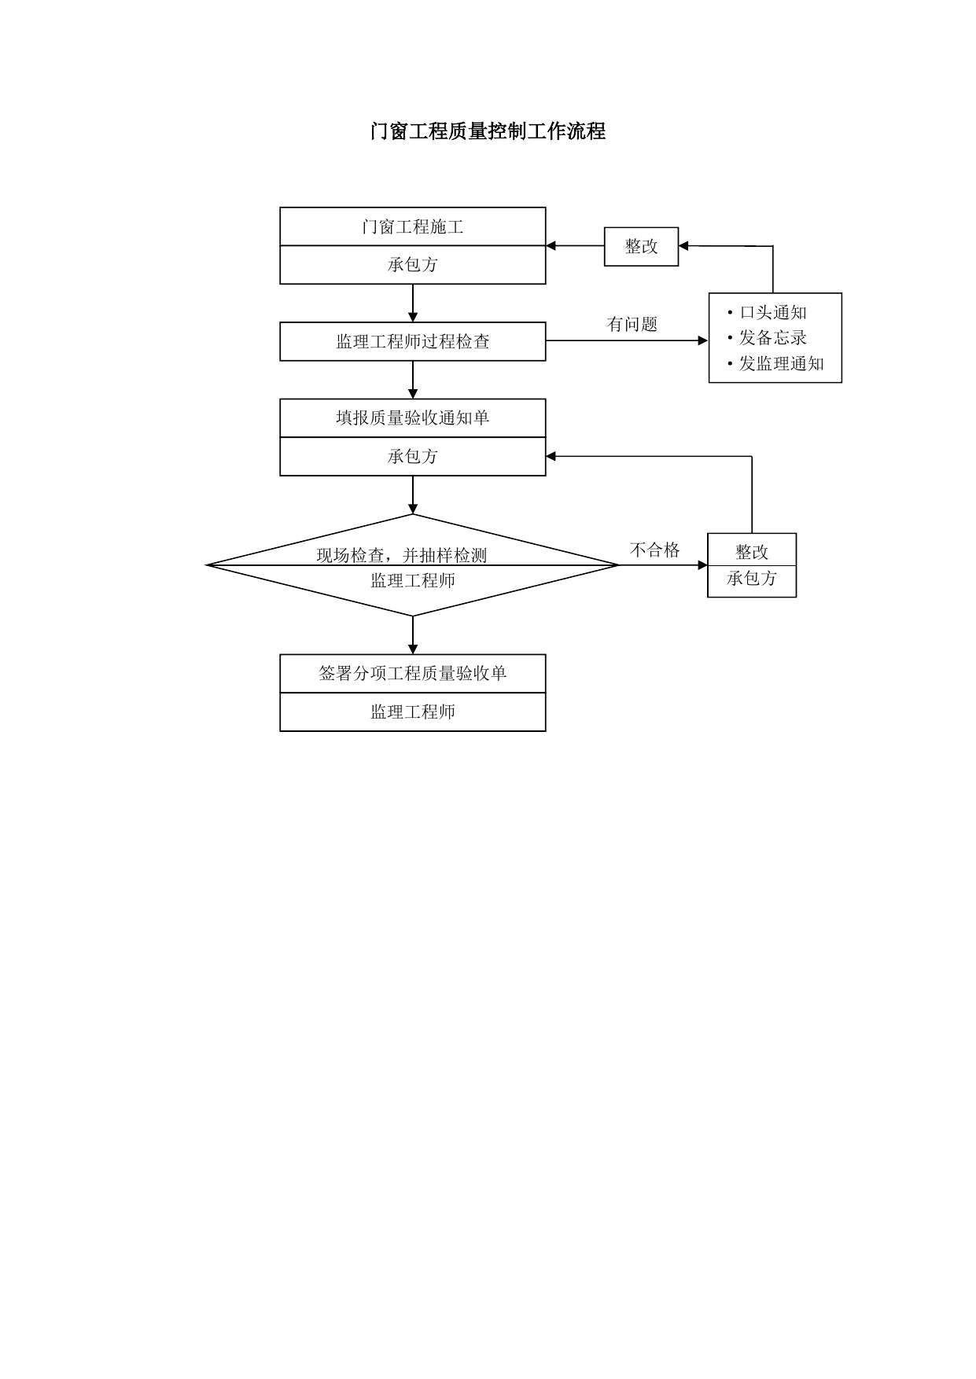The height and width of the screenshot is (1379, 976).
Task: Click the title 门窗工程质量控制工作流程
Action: pos(488,131)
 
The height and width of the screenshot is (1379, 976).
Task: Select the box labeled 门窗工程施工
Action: pos(413,226)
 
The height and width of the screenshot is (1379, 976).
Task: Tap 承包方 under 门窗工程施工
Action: pos(413,265)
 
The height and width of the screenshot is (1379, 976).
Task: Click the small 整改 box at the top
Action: pos(641,246)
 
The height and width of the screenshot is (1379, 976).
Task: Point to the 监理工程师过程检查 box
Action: pos(413,341)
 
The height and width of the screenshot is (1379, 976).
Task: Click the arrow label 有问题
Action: pos(632,324)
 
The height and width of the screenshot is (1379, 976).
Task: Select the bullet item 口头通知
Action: pos(768,313)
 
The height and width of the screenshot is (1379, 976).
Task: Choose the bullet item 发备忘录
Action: pos(768,338)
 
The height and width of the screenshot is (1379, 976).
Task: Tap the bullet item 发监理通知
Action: pos(776,363)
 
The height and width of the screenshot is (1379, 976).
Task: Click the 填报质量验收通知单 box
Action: pos(413,417)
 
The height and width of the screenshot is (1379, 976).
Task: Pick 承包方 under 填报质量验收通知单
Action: pos(413,457)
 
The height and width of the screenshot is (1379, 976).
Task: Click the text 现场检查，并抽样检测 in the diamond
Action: pos(402,555)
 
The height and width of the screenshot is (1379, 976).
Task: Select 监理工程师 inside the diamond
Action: pos(413,581)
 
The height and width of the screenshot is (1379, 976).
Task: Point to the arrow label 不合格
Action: pos(655,550)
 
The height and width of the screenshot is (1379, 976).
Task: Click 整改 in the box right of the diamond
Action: pos(752,552)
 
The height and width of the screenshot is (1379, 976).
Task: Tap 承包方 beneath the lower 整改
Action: pos(752,579)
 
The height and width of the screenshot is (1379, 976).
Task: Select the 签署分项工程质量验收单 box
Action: pos(413,674)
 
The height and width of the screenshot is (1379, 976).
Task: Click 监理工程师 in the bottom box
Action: pos(413,712)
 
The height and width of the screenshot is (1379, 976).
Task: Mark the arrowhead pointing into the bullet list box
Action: pos(703,340)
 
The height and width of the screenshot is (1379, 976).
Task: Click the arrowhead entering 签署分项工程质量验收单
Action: pos(413,649)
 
